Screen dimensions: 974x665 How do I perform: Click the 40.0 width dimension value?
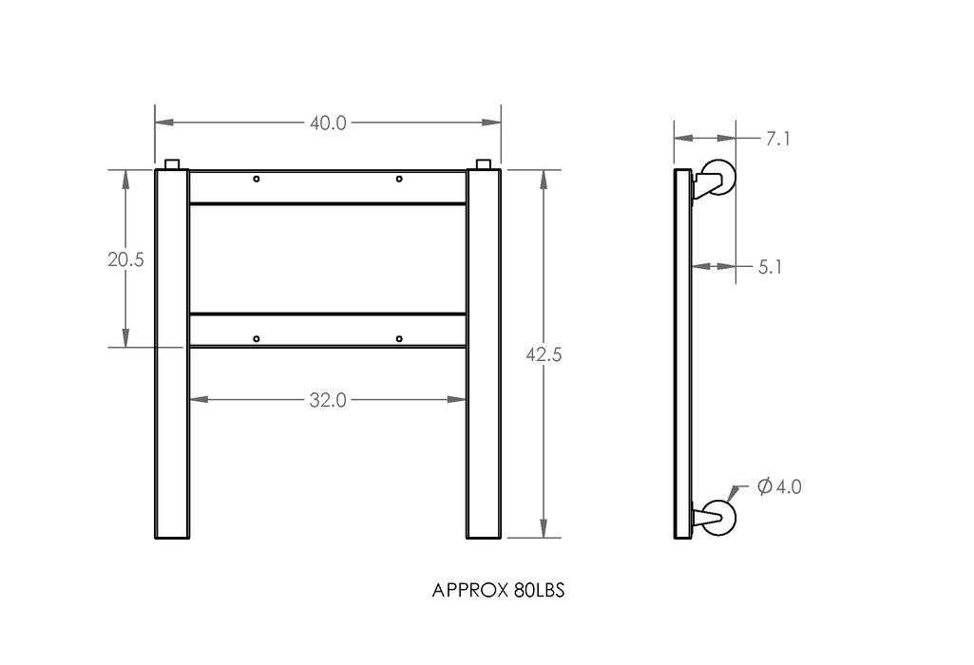pyautogui.click(x=328, y=123)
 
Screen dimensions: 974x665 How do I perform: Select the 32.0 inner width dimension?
pyautogui.click(x=328, y=400)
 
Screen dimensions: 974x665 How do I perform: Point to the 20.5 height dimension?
pyautogui.click(x=125, y=259)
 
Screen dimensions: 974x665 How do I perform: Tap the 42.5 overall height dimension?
pyautogui.click(x=544, y=354)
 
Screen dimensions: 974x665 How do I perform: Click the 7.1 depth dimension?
pyautogui.click(x=777, y=139)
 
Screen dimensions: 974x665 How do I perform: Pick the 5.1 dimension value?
pyautogui.click(x=771, y=267)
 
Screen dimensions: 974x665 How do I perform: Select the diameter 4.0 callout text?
pyautogui.click(x=779, y=486)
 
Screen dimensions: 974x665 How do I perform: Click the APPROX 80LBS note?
pyautogui.click(x=498, y=590)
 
